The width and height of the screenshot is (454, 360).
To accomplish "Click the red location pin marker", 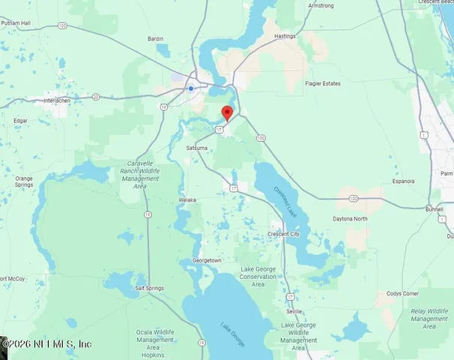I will click(x=227, y=112).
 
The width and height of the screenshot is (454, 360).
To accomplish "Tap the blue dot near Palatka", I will click(x=191, y=88).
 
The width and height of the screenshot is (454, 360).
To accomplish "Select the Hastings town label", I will click(x=285, y=35).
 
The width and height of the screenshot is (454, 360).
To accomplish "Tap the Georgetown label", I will click(x=208, y=260).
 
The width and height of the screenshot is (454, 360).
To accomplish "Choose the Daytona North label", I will click(x=350, y=219).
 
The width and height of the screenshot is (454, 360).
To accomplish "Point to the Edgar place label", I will click(x=20, y=120).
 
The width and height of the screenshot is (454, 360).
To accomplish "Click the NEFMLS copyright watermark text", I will click(x=46, y=343).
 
